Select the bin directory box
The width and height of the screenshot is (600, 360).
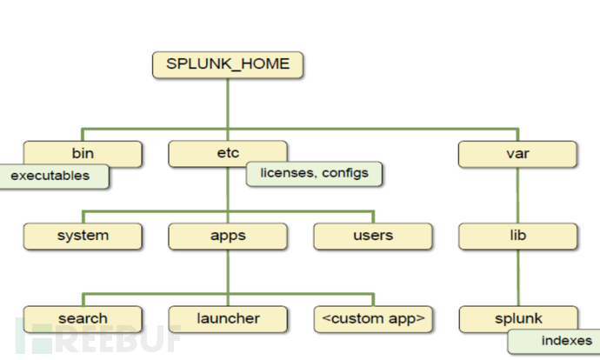point(83,154)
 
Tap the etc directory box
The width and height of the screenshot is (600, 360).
point(227,154)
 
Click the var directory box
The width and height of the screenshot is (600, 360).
point(518,154)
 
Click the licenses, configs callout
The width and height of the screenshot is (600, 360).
point(315,173)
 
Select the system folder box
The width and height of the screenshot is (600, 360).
point(83,235)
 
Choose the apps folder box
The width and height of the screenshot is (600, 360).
point(228,235)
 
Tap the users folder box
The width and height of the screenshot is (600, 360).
point(373,235)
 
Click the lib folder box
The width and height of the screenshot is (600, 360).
point(518,235)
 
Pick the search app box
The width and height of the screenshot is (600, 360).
point(83,317)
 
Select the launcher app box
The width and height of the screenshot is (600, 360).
point(228,317)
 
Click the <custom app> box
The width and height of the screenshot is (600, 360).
point(373,317)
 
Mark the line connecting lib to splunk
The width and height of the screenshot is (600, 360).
point(518,277)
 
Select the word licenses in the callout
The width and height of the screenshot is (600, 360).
point(289,173)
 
